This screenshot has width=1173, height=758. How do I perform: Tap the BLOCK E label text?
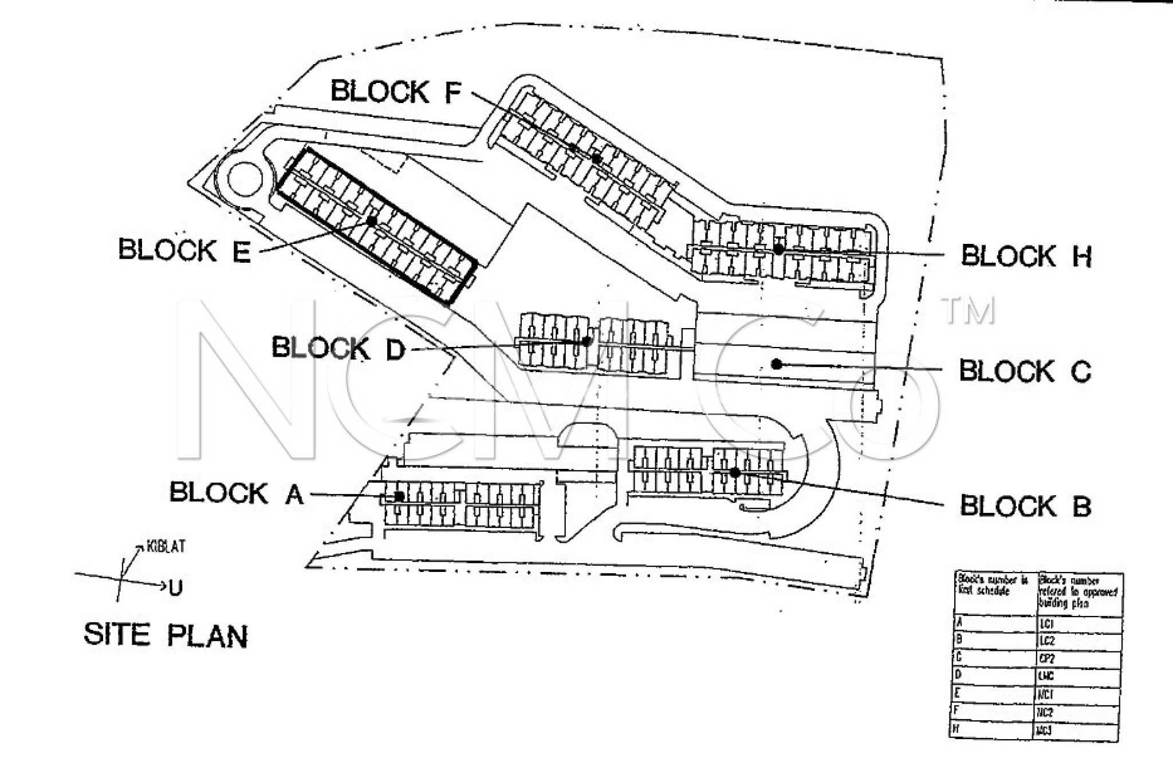click(184, 250)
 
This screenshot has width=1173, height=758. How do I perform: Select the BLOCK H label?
click(1026, 256)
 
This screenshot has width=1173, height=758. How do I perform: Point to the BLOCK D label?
click(338, 348)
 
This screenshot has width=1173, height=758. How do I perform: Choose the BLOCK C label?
click(1025, 371)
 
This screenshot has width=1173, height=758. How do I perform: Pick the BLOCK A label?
click(236, 494)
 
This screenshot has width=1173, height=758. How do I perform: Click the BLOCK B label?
click(1025, 506)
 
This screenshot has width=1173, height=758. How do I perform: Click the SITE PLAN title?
click(166, 635)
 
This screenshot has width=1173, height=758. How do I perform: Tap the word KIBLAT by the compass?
click(166, 546)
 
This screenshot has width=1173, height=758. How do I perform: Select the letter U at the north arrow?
click(175, 587)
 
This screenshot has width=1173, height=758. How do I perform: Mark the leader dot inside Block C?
click(777, 364)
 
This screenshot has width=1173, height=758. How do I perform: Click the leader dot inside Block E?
click(372, 220)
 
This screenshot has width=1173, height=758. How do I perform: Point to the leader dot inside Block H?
click(778, 249)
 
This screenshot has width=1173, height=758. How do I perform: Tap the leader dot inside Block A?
click(399, 496)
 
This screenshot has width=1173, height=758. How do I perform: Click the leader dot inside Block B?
click(735, 472)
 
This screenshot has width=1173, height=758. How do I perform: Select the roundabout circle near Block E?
click(245, 179)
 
